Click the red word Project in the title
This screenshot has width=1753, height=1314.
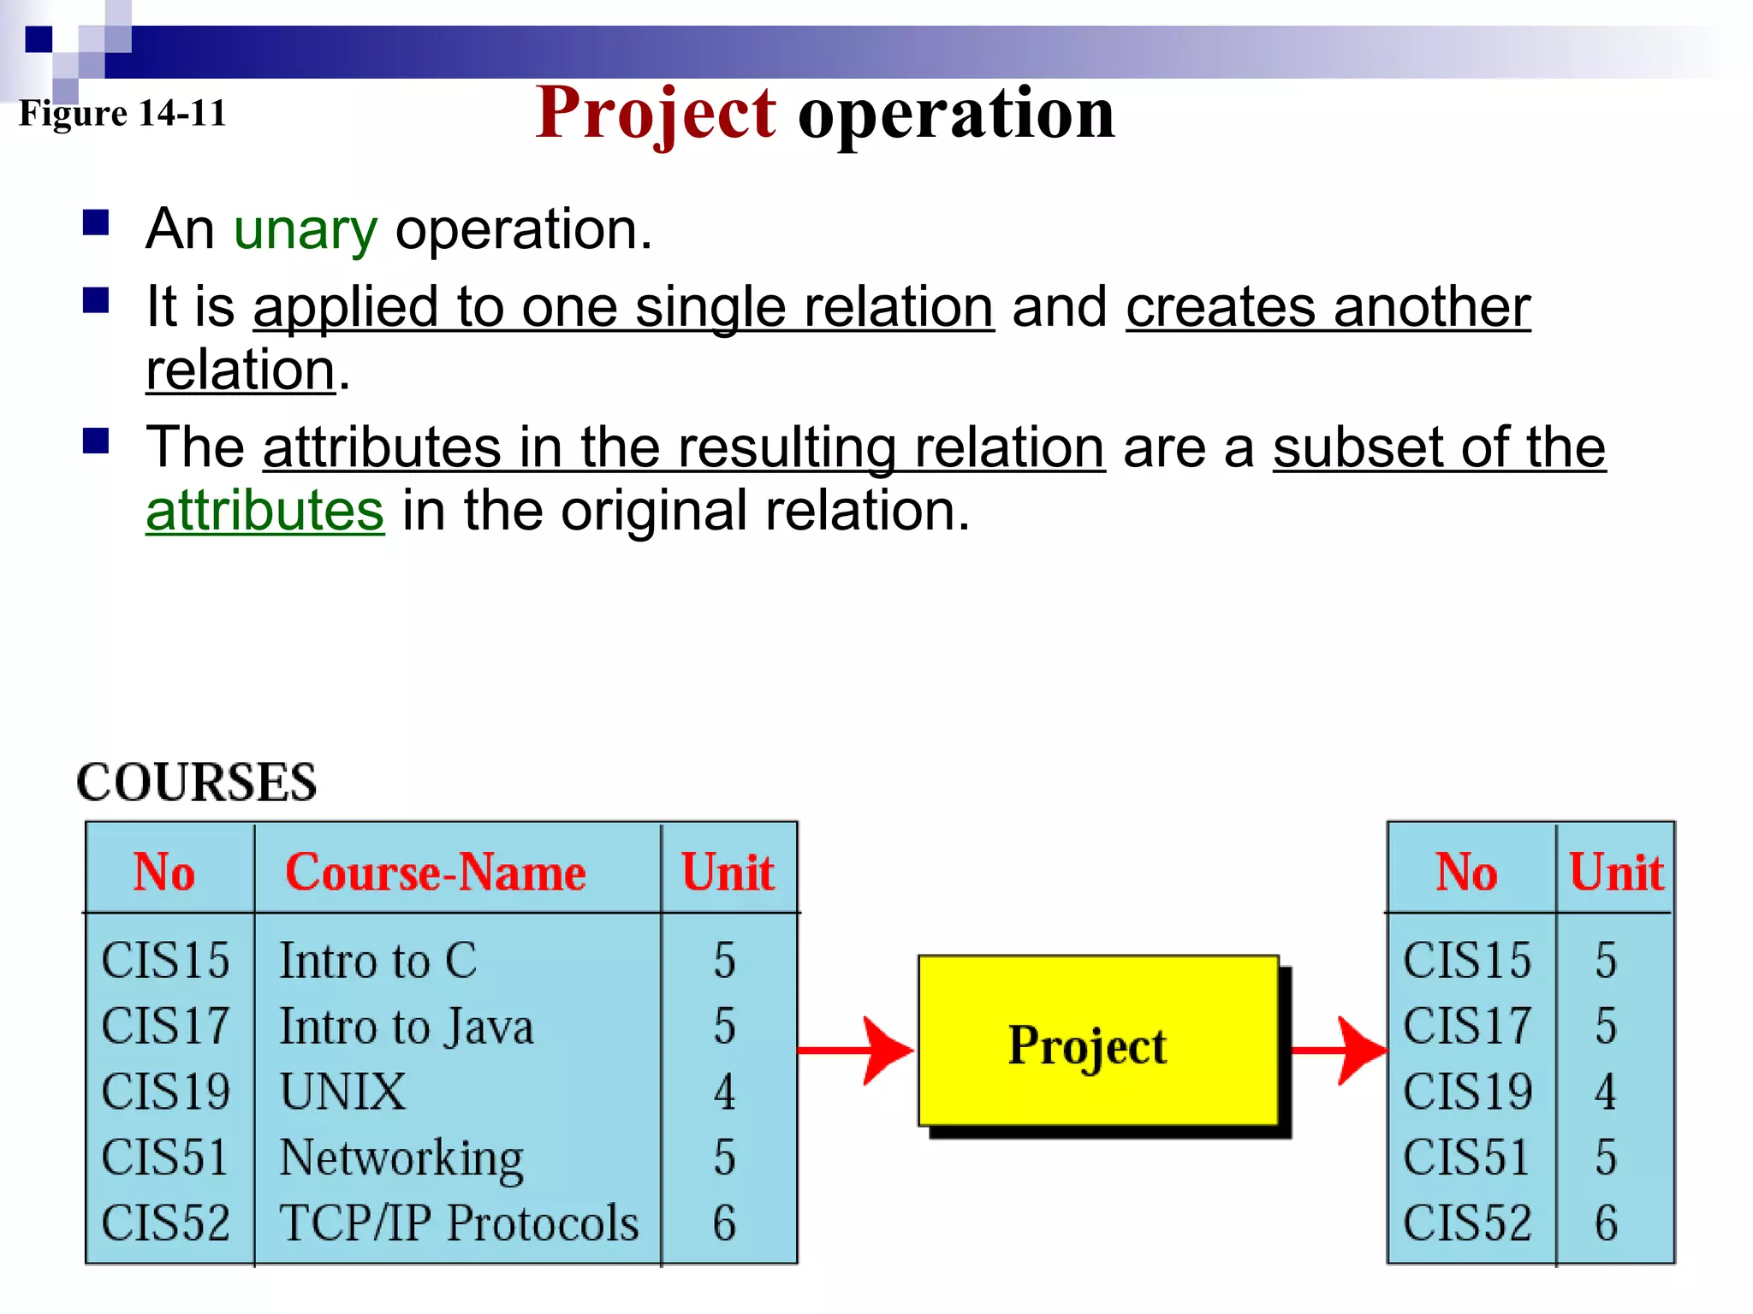(656, 115)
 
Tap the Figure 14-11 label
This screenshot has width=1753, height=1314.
(122, 113)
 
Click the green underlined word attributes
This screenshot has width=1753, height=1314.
(265, 512)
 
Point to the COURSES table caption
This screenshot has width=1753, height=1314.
(197, 782)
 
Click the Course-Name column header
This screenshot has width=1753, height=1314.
(435, 873)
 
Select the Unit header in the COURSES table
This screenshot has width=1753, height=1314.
(728, 873)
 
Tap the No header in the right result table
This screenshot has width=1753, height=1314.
(1466, 873)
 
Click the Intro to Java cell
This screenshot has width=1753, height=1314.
(407, 1027)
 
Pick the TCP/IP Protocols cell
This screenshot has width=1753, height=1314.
(459, 1223)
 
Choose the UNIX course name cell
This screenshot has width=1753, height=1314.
(342, 1092)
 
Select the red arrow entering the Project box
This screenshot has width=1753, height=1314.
(856, 1050)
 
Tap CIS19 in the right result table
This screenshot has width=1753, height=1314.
(1466, 1092)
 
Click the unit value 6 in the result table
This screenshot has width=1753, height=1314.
(1606, 1223)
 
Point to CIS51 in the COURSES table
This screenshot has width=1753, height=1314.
(165, 1157)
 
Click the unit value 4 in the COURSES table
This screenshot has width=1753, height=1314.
(724, 1092)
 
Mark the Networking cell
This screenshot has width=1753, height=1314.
(401, 1157)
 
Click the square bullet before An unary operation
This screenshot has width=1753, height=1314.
(96, 223)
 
